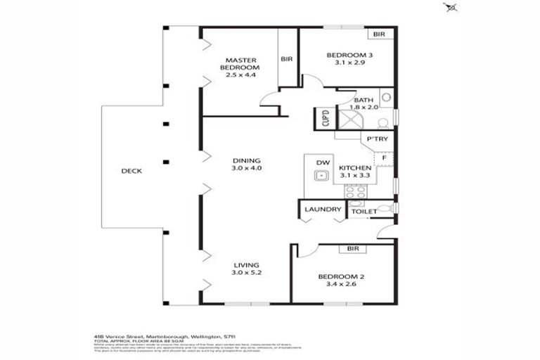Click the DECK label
coord(131,171)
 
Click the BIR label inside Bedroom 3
coord(379,34)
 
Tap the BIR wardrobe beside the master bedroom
coord(287,59)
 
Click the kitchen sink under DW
coord(322,176)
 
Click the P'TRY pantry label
coord(376,139)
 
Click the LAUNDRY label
coord(323,210)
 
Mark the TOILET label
coord(364,210)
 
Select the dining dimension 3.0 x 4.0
coord(246,168)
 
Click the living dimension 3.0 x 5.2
coord(246,272)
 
